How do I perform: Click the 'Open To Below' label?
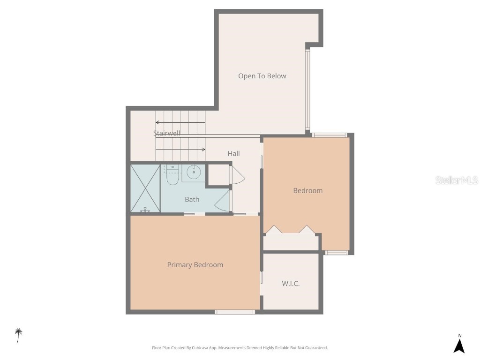[262, 76]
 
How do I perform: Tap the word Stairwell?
[166, 133]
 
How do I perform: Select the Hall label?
[233, 153]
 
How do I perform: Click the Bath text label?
[192, 199]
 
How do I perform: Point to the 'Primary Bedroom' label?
[195, 265]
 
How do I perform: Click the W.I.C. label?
[291, 284]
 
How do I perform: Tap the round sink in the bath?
[194, 172]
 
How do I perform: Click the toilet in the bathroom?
[172, 176]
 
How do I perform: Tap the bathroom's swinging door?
[225, 201]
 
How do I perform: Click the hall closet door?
[237, 175]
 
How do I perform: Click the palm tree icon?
[19, 335]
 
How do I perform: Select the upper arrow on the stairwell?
[180, 123]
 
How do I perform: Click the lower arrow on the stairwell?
[180, 150]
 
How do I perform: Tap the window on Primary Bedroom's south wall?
[235, 312]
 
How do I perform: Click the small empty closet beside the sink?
[218, 175]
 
